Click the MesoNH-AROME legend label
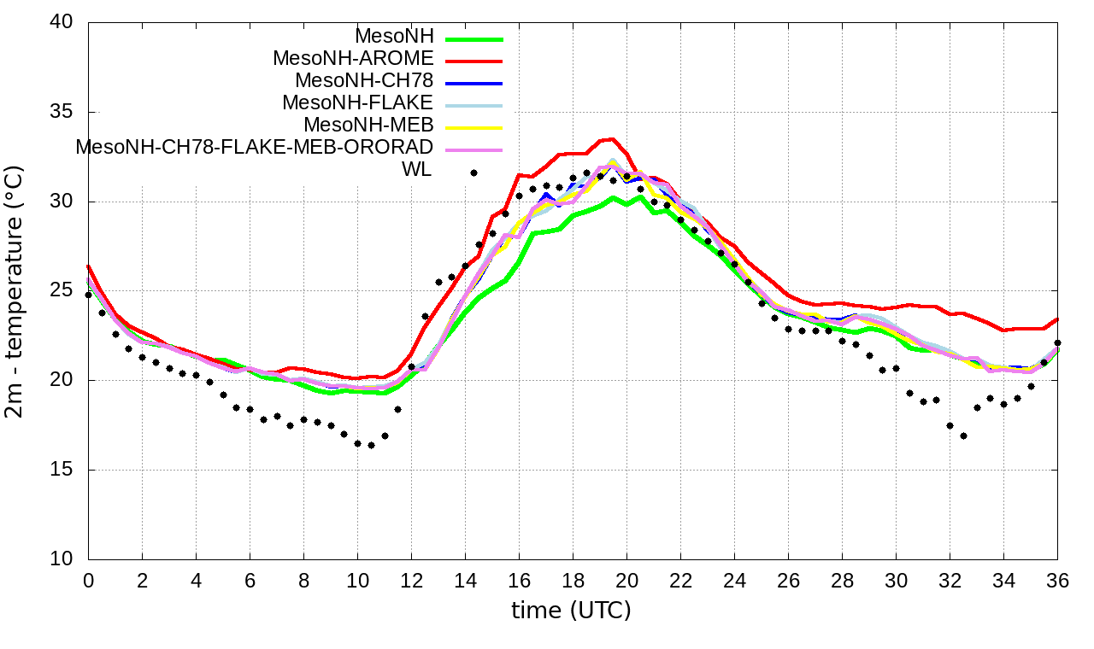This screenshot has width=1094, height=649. [x=353, y=59]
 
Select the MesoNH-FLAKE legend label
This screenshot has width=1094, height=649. [x=358, y=103]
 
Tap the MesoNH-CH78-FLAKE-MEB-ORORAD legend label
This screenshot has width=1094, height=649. [x=255, y=148]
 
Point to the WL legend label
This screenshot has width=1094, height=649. [x=417, y=170]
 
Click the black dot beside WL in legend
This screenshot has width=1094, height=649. [x=473, y=172]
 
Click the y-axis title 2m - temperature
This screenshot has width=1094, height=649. [x=15, y=290]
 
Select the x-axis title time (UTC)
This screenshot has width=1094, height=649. [x=571, y=611]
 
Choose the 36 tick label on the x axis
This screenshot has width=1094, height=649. [x=1057, y=580]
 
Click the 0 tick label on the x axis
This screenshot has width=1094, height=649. [x=88, y=580]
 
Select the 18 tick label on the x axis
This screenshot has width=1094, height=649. [x=573, y=580]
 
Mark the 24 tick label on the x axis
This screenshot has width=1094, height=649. [x=734, y=580]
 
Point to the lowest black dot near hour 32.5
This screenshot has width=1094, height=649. [x=963, y=436]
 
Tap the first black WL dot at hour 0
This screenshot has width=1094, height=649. [x=88, y=295]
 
